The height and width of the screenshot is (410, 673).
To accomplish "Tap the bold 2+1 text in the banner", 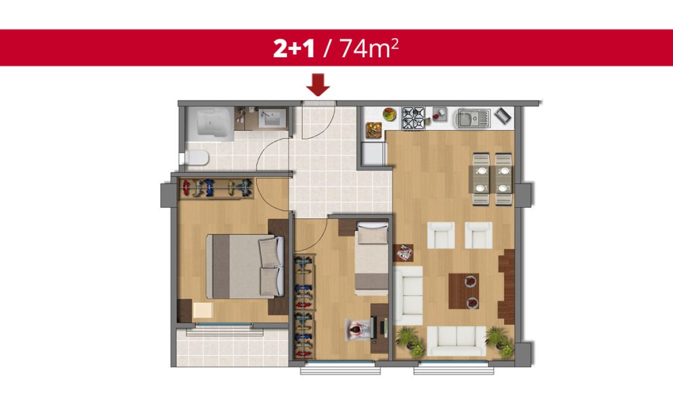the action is coord(294,48).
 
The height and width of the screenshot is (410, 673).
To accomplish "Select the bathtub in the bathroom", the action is coord(210,123).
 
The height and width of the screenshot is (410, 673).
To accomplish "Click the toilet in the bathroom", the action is coord(197,158).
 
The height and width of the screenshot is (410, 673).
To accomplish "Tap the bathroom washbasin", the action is coord(271,117).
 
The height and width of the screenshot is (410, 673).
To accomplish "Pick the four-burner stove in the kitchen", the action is coord(413,118).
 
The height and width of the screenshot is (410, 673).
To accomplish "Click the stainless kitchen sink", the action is coord(473,118).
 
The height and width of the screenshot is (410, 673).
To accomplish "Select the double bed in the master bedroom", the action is coord(244,266).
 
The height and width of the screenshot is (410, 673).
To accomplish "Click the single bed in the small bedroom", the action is coord(372,258).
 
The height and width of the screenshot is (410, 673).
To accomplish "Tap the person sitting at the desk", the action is coord(357,330).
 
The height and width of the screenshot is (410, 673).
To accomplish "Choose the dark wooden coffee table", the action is coord(463,291).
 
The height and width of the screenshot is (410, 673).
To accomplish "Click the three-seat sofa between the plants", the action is coord(456,341).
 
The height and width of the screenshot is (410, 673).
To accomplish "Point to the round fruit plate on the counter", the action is coord(389,114).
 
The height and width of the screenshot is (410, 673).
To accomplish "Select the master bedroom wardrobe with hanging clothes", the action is coord(216,188).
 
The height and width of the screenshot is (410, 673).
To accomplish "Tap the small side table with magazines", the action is coord(404,253).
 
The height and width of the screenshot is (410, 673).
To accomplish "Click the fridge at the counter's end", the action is coord(373,154).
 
